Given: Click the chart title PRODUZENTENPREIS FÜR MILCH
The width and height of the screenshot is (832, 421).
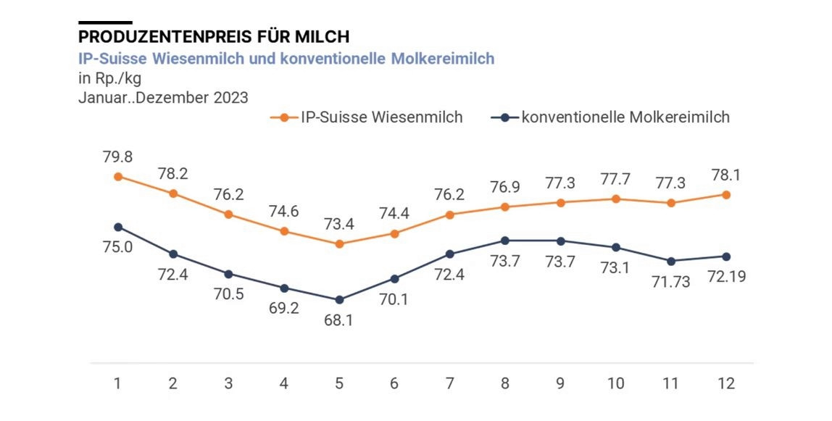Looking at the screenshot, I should [x=214, y=36].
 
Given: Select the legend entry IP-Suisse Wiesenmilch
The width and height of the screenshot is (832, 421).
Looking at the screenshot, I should [x=371, y=117].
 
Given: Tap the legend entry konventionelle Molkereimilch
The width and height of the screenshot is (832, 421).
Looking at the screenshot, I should [x=615, y=117].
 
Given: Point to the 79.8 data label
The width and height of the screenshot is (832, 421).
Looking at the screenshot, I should [x=117, y=157].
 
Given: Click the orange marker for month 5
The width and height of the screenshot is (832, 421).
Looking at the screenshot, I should [x=339, y=244].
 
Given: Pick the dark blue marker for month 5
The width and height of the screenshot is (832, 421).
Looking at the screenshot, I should [x=339, y=299].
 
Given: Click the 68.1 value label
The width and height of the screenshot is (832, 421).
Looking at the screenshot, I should [x=339, y=320].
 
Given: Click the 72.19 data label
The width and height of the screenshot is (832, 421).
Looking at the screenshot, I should [x=726, y=277].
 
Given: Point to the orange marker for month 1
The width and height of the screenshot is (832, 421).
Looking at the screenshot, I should [x=117, y=176].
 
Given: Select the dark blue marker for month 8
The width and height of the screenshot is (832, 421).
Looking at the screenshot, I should [x=505, y=241].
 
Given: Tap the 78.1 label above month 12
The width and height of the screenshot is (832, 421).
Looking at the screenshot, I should [x=726, y=175].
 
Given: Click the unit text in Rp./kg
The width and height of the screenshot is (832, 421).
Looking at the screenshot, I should [x=109, y=78].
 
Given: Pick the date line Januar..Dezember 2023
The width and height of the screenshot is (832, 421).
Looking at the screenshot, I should [x=163, y=97].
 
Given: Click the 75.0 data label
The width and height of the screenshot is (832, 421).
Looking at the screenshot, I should [x=117, y=247].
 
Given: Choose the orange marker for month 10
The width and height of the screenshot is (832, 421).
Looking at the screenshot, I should [x=616, y=199].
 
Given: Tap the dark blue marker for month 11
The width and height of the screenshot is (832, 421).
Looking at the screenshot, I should [x=671, y=261].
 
